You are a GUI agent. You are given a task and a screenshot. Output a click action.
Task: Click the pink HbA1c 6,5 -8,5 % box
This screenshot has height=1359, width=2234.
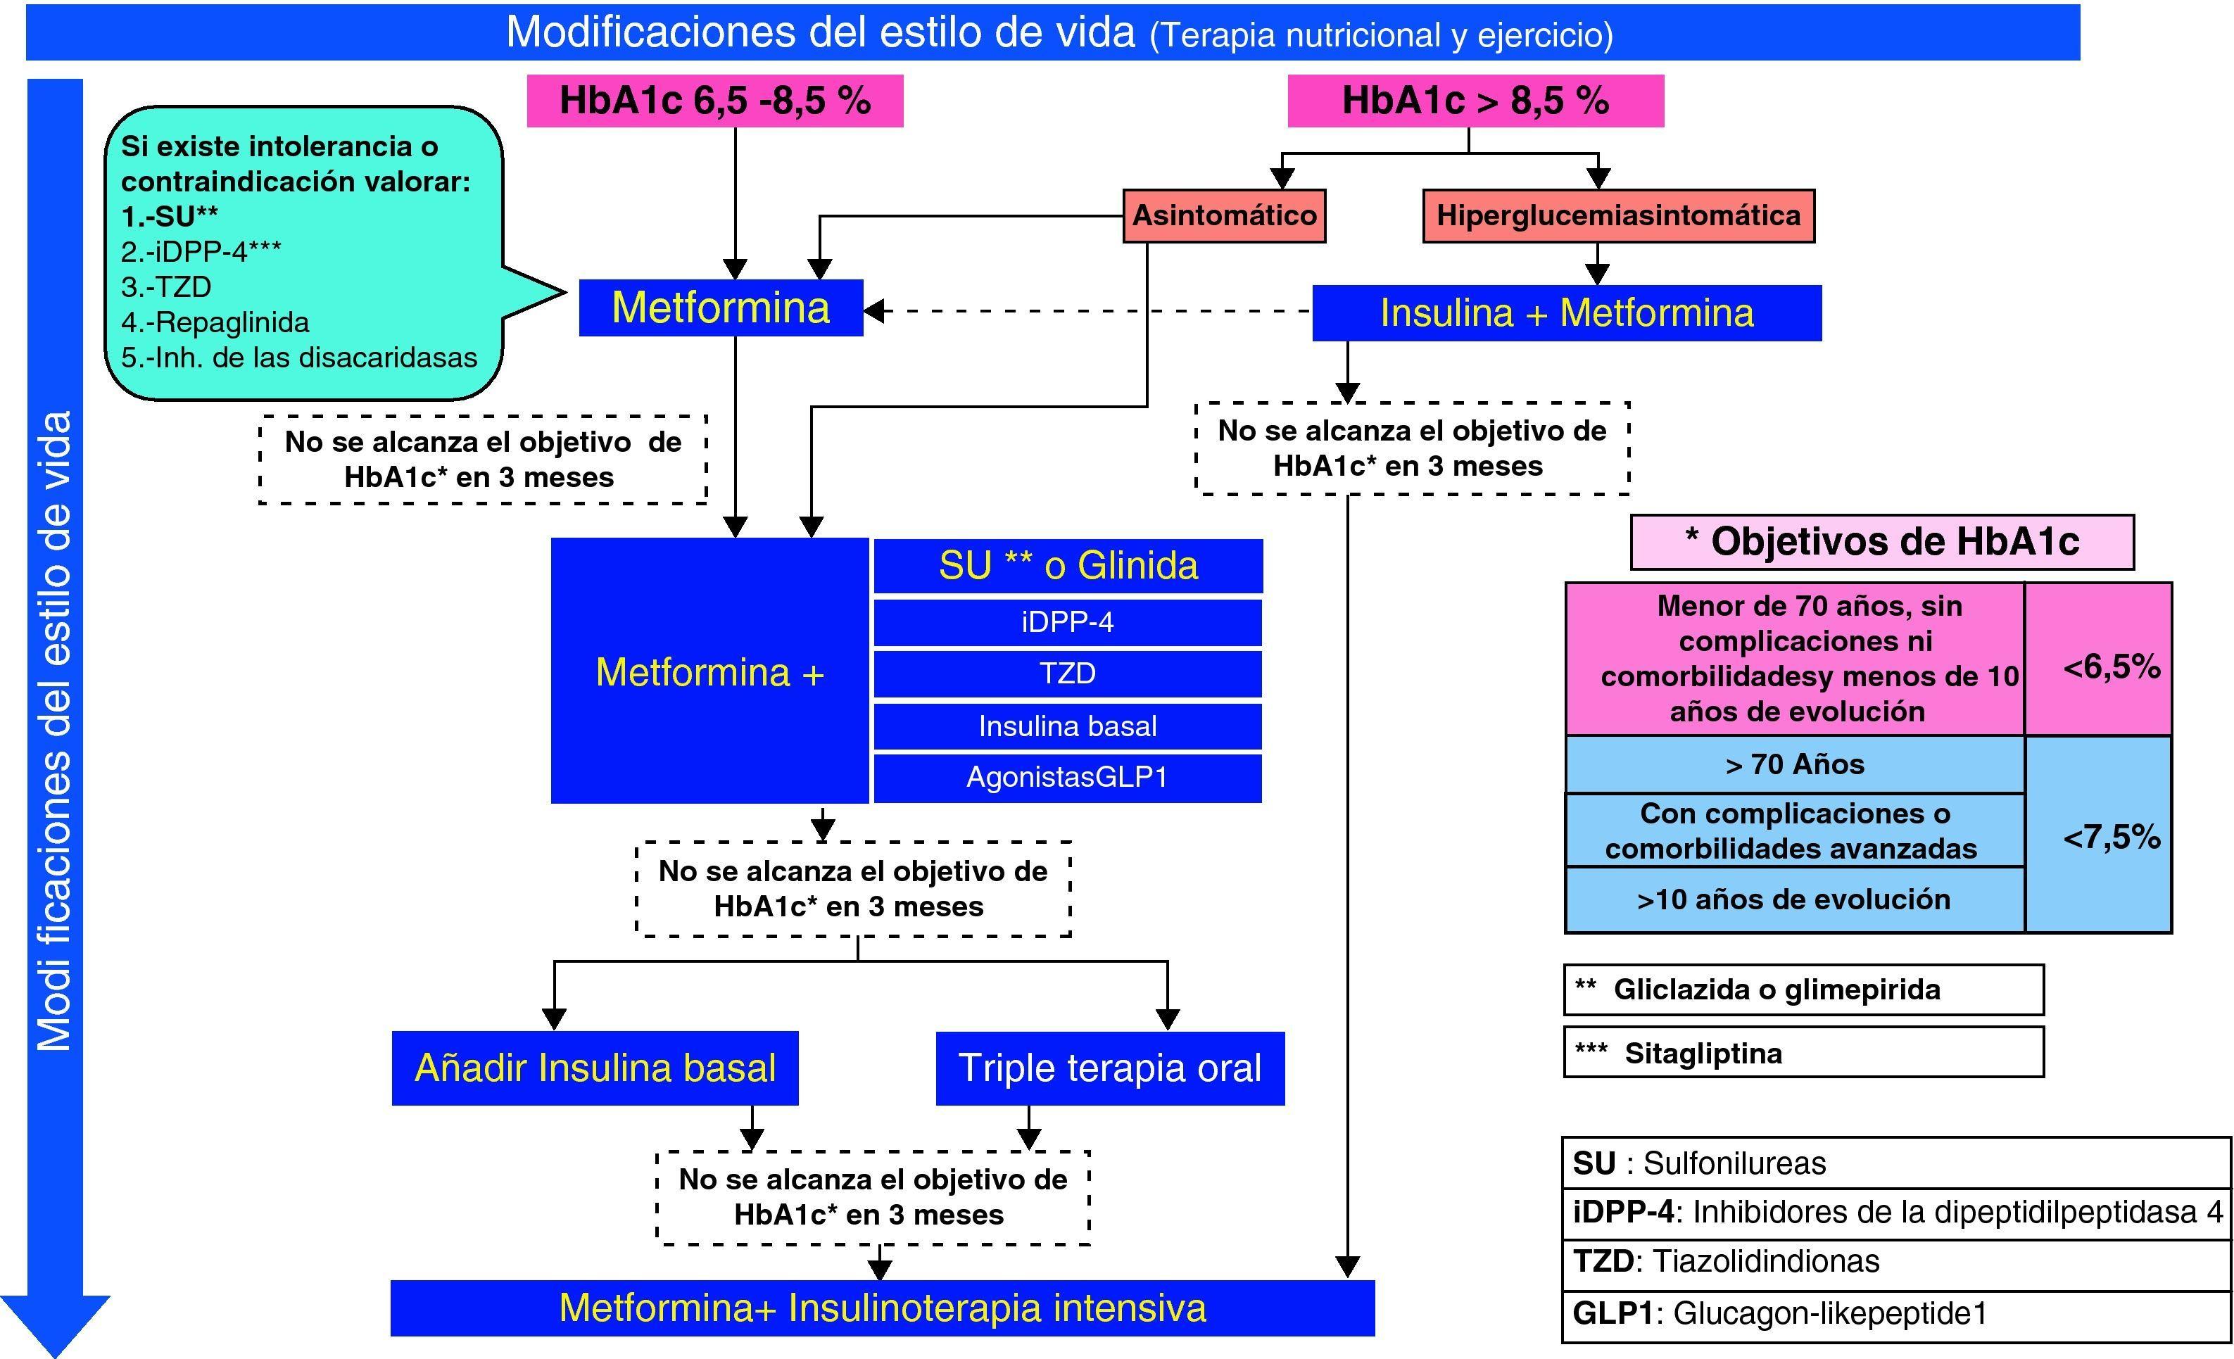click(x=714, y=101)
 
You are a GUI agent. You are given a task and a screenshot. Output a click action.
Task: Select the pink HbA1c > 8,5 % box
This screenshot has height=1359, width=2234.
click(x=1475, y=101)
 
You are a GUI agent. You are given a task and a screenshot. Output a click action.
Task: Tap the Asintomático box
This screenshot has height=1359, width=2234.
click(x=1224, y=216)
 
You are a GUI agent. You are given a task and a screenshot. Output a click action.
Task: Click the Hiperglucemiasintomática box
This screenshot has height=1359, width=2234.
click(x=1618, y=216)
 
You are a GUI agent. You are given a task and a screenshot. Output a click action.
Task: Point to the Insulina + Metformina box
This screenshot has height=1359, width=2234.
click(x=1566, y=312)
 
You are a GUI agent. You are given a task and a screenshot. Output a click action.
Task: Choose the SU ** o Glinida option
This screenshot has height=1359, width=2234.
click(x=1067, y=566)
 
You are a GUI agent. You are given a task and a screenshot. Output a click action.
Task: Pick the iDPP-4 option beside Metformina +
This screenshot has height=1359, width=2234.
click(x=1067, y=622)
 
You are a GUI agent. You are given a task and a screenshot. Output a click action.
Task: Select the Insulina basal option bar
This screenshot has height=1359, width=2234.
click(x=1067, y=726)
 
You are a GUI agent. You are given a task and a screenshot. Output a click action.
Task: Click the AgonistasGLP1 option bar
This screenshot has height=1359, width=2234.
click(x=1067, y=778)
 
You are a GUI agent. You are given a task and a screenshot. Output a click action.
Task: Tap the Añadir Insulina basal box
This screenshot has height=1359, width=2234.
click(x=595, y=1068)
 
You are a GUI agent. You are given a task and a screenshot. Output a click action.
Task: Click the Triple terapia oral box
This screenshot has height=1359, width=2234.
click(x=1110, y=1068)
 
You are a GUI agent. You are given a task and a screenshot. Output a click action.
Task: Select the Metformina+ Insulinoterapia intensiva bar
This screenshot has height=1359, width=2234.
click(x=882, y=1308)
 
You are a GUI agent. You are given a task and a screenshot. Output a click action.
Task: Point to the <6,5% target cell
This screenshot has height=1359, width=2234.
click(x=2111, y=667)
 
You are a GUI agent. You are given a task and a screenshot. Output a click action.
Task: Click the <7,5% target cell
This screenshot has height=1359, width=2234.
click(x=2111, y=836)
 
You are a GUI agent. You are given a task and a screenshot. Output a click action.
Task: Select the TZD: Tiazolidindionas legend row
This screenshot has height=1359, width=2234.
click(x=1895, y=1261)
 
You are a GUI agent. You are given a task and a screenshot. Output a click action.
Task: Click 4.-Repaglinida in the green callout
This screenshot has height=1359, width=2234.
click(x=215, y=322)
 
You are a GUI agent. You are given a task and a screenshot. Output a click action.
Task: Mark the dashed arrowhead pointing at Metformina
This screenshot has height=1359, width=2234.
click(x=874, y=311)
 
